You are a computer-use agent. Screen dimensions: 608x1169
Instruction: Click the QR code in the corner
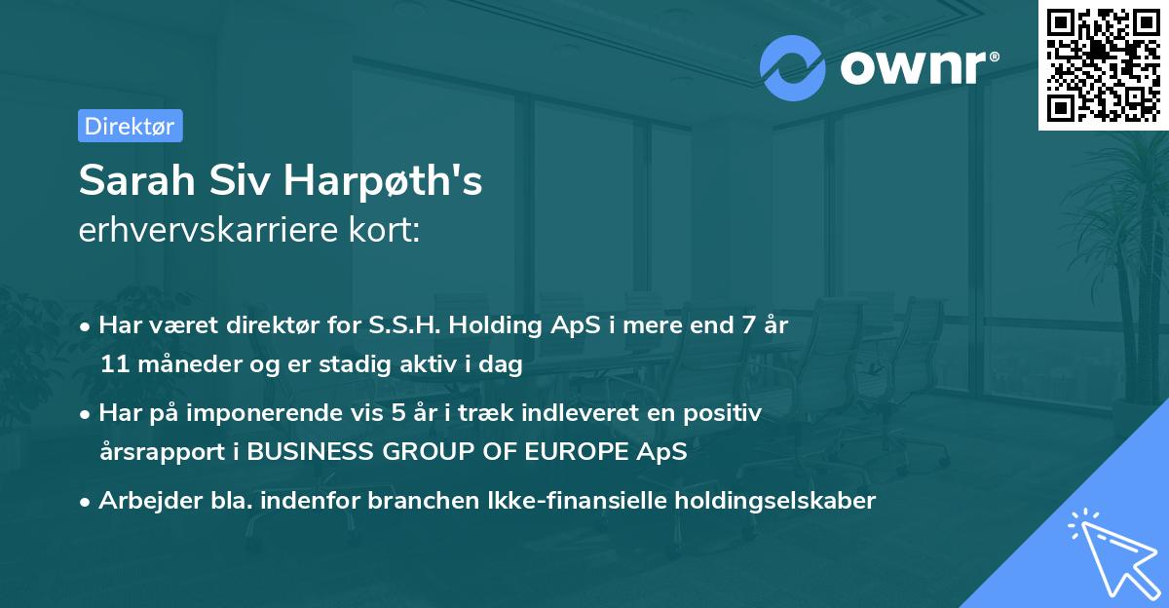coord(1104,65)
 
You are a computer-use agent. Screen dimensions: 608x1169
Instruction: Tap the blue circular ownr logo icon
coord(793,67)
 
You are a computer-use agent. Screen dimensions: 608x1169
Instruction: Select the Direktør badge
coord(130,126)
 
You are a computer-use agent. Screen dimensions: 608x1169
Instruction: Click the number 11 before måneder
coord(114,365)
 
